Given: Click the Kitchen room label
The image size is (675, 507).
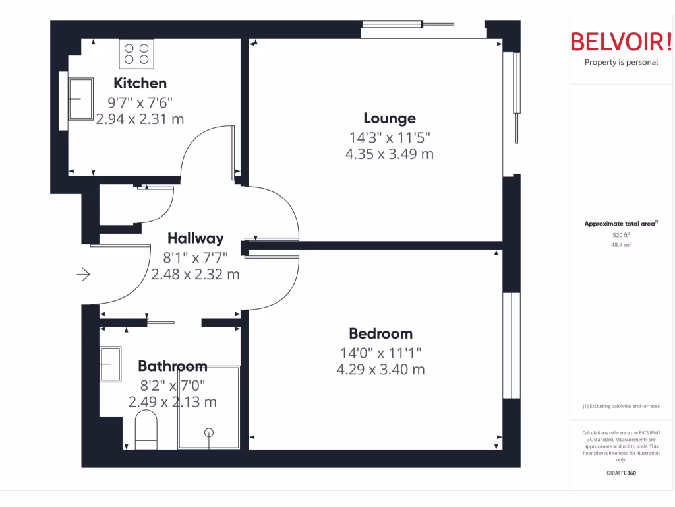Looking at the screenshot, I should pyautogui.click(x=140, y=83).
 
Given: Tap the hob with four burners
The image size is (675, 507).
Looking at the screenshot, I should pyautogui.click(x=136, y=53).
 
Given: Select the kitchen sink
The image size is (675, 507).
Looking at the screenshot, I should pyautogui.click(x=80, y=100).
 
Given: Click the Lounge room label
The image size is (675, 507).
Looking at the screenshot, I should pyautogui.click(x=390, y=118).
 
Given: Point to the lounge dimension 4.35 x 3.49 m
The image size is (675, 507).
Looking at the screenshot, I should pyautogui.click(x=390, y=154).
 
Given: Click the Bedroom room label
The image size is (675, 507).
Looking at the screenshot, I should pyautogui.click(x=380, y=334).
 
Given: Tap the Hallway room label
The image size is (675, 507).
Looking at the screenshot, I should pyautogui.click(x=195, y=238).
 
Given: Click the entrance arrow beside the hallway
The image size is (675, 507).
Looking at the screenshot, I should pyautogui.click(x=84, y=274).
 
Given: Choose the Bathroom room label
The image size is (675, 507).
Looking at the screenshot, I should pyautogui.click(x=173, y=366).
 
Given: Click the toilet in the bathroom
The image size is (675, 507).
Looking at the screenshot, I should pyautogui.click(x=146, y=428).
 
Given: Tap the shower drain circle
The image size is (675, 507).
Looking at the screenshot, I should pyautogui.click(x=209, y=433).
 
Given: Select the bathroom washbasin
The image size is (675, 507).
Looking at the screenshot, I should pyautogui.click(x=110, y=364).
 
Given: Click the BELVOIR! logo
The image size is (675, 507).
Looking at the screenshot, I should pyautogui.click(x=621, y=42).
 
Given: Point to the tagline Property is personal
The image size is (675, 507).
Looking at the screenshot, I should pyautogui.click(x=621, y=63).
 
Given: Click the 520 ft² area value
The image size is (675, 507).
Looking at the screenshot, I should pyautogui.click(x=621, y=234).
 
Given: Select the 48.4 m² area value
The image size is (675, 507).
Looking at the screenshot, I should pyautogui.click(x=621, y=244).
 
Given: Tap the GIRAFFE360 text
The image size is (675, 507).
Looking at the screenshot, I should pyautogui.click(x=621, y=473).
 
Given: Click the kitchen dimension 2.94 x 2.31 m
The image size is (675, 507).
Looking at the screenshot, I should pyautogui.click(x=140, y=119).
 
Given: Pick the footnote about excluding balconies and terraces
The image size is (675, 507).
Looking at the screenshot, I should pyautogui.click(x=621, y=406).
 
